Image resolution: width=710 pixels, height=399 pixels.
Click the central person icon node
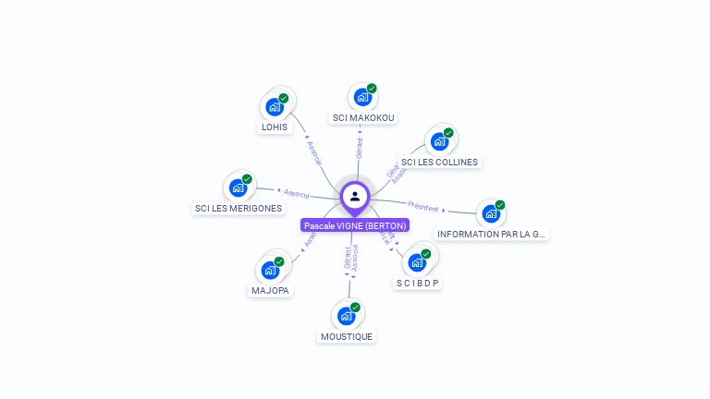pos(355,196)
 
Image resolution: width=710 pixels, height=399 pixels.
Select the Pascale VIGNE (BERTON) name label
pos(355,225)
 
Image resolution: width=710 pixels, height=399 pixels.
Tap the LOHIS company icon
pos(274,106)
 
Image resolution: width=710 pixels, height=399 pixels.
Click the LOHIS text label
pos(275,127)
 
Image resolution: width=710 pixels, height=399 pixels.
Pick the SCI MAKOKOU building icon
pos(362,97)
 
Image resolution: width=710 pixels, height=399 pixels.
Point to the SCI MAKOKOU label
pos(363,117)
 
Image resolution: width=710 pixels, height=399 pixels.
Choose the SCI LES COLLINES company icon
pos(439,141)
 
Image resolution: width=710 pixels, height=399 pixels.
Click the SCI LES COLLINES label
pos(440,162)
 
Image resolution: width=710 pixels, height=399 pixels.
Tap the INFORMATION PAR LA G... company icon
pos(491,213)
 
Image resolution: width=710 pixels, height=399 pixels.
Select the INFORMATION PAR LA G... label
pos(493,235)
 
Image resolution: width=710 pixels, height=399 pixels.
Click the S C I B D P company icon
pos(417,262)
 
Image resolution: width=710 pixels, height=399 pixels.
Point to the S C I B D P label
pos(418,283)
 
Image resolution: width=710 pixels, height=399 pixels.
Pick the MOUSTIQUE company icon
pos(346,316)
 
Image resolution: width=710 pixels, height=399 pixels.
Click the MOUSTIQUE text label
pos(347,337)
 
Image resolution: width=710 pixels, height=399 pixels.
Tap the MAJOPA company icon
pos(270,270)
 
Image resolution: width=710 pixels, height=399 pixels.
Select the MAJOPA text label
pos(270,291)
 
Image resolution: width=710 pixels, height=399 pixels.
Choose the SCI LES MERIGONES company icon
pos(239,187)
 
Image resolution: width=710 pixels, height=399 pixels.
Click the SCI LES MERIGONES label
pos(239,209)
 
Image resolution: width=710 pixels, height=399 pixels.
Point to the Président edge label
pos(423,207)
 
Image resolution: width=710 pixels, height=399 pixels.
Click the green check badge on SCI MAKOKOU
pos(372,89)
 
